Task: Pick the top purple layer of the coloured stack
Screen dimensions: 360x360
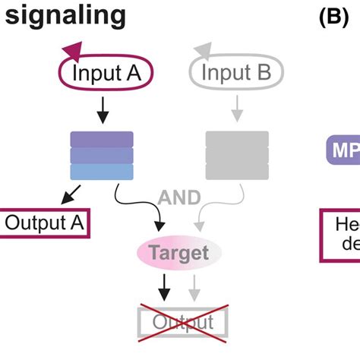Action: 102,139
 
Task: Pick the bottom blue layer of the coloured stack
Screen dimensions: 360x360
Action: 102,172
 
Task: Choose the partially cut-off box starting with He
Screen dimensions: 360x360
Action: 339,233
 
